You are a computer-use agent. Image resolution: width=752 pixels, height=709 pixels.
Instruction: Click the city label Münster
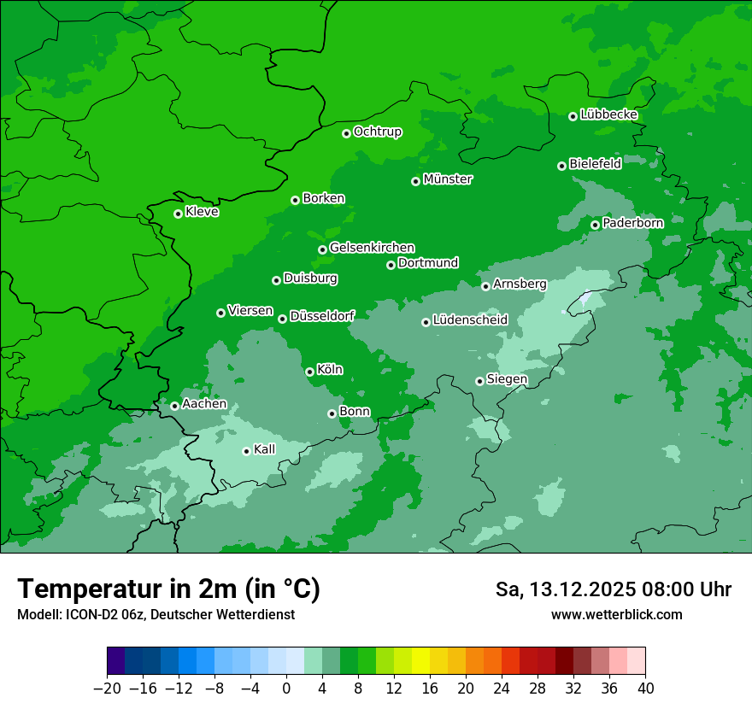click(448, 179)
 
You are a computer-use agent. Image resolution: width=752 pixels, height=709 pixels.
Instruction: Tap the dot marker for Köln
click(309, 372)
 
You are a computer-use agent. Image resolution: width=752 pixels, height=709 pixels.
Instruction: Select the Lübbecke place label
click(608, 114)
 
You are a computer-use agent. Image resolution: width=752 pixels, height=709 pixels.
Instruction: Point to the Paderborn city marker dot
click(595, 225)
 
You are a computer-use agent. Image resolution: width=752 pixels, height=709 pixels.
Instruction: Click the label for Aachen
click(204, 404)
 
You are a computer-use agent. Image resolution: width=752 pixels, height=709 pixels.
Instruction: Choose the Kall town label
click(265, 449)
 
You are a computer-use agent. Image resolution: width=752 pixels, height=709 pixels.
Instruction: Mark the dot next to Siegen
click(479, 381)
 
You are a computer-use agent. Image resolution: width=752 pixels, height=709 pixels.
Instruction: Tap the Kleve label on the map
click(202, 212)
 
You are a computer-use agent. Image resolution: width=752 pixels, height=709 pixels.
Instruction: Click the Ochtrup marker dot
click(346, 133)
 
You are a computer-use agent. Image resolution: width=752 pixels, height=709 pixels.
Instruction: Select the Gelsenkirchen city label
click(372, 248)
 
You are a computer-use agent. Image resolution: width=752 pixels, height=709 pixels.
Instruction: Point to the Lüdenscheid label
click(470, 320)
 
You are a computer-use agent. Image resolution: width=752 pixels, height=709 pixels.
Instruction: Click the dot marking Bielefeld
click(561, 166)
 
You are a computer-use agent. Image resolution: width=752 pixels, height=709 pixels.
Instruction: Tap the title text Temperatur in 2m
click(168, 589)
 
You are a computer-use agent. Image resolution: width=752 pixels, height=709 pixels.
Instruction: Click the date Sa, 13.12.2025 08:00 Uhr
click(613, 589)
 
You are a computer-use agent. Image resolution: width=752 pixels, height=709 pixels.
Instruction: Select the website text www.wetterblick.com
click(616, 614)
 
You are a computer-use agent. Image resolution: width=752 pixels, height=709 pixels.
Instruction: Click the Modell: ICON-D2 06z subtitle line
click(156, 614)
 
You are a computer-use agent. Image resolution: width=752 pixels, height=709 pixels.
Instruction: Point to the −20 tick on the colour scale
click(107, 688)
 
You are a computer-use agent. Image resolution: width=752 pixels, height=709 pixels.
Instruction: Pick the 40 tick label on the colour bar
click(645, 688)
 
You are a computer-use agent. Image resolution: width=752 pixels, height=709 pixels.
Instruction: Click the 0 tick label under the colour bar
click(286, 688)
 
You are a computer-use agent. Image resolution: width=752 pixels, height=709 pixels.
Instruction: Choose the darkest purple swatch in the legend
click(115, 661)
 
